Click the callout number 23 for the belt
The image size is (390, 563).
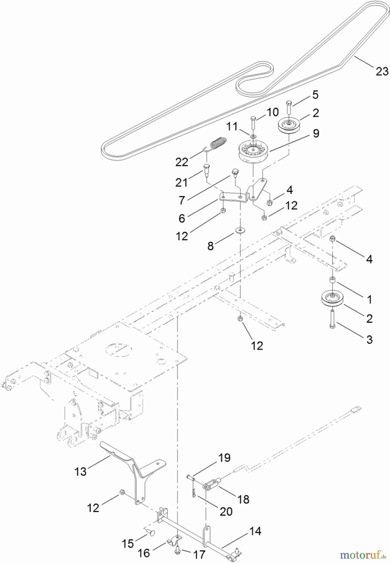[x=382, y=71]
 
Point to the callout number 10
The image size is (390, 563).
[x=272, y=112]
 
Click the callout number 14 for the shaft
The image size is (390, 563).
[x=256, y=531]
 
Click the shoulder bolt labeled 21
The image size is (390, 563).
[x=206, y=169]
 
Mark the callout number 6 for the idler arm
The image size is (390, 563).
[x=182, y=218]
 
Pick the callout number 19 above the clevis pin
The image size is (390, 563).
[x=225, y=458]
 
